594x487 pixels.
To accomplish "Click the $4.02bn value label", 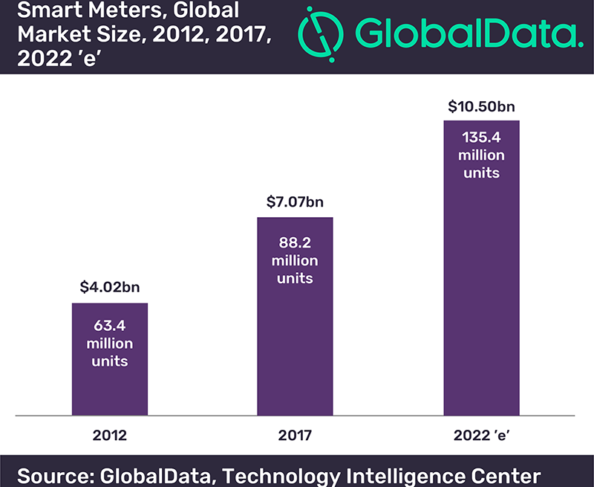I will (x=109, y=286).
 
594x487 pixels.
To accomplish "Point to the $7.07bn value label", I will (x=295, y=201).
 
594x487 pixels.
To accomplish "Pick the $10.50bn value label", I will (x=481, y=106).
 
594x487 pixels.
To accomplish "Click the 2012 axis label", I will (x=109, y=436).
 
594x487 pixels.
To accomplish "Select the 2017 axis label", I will (x=295, y=436).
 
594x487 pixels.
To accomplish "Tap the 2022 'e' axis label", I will (x=480, y=436).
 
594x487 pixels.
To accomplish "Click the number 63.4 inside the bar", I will (x=109, y=326).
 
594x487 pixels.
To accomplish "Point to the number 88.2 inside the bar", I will (x=295, y=242).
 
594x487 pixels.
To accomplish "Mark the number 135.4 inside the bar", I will (x=480, y=138).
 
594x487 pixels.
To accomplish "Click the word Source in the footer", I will (x=56, y=474).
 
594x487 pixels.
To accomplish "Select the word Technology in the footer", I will (x=289, y=474).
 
